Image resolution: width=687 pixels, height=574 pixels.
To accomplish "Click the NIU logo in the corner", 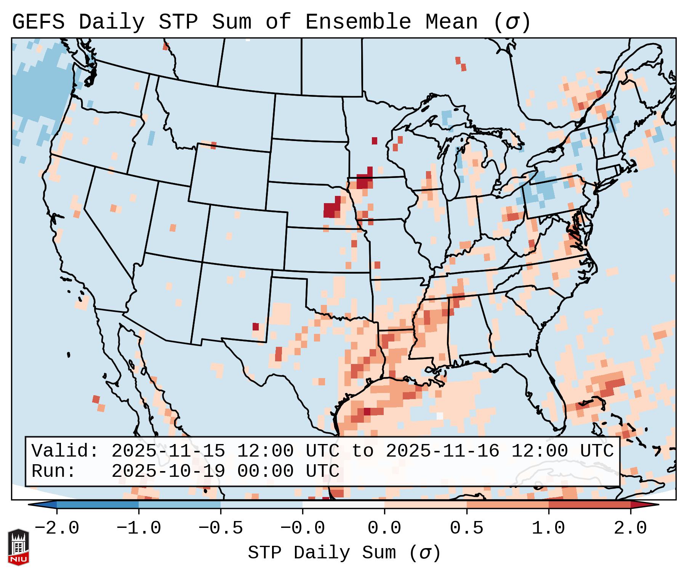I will [18, 547].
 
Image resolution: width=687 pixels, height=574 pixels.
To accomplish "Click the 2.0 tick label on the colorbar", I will [630, 528].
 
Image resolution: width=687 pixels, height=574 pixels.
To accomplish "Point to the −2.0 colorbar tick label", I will [57, 528].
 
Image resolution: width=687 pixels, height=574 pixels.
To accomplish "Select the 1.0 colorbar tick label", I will [548, 528].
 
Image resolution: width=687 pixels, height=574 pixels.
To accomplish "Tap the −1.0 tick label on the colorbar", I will [139, 528].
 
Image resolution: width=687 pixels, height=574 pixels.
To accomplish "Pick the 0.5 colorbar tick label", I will [466, 528].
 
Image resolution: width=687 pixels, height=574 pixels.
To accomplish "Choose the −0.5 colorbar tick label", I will [221, 528].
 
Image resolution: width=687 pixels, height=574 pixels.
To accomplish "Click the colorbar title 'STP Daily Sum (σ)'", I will [344, 553].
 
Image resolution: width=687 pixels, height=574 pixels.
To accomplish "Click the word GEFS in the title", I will [38, 22].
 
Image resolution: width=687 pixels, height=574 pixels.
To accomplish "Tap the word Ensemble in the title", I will [358, 22].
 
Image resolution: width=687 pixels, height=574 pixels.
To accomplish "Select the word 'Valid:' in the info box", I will [65, 451].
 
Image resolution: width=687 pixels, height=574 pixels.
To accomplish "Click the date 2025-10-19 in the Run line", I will [168, 471].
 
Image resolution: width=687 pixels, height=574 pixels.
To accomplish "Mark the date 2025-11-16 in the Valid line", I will [442, 451].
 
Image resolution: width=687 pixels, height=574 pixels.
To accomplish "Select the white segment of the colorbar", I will [343, 504].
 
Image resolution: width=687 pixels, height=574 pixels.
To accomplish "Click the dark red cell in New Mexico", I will [256, 327].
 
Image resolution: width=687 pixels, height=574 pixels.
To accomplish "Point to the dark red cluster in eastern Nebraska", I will [332, 209].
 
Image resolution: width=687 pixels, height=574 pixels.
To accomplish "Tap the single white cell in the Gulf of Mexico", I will [440, 415].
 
